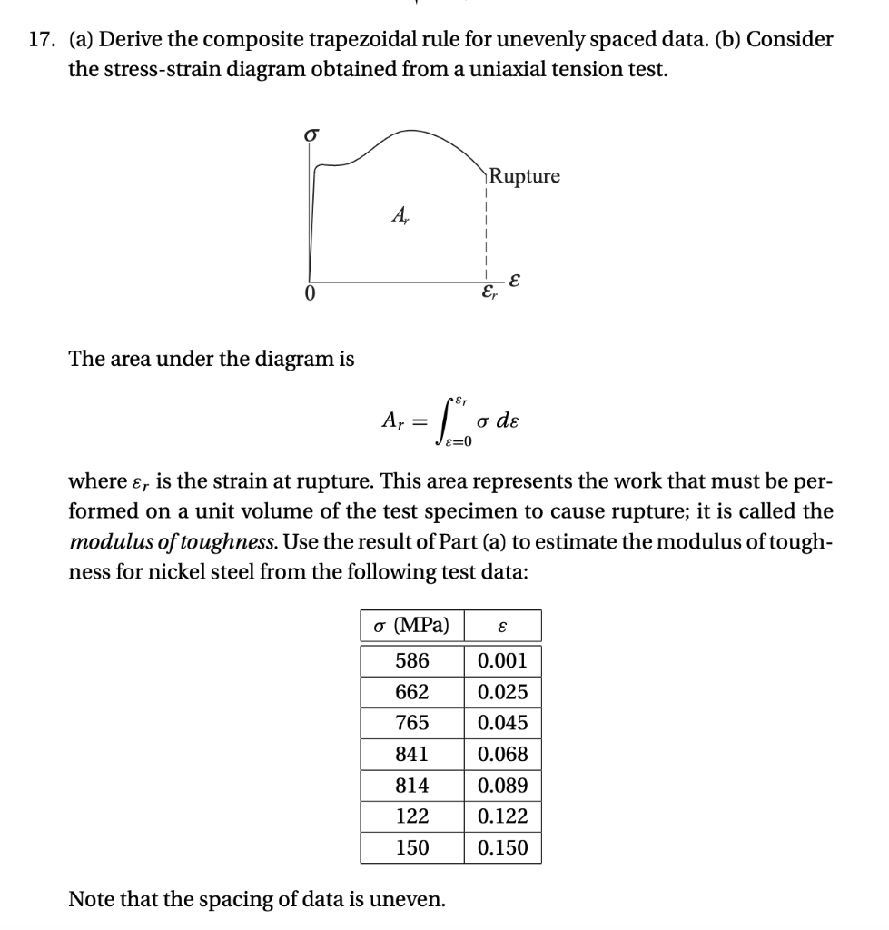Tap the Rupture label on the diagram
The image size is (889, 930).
(525, 176)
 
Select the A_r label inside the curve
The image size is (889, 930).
(399, 217)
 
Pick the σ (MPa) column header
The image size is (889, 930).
(412, 626)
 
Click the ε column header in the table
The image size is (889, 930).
(502, 627)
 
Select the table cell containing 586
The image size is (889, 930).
(412, 661)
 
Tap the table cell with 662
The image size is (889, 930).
(412, 692)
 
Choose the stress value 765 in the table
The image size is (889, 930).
(412, 723)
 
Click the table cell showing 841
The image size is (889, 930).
(412, 754)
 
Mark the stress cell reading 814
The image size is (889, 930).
(412, 786)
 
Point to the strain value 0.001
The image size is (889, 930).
(502, 661)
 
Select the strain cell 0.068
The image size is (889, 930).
(502, 754)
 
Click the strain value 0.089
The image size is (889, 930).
(502, 786)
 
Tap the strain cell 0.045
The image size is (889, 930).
(502, 723)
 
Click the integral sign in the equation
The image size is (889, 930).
(462, 420)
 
